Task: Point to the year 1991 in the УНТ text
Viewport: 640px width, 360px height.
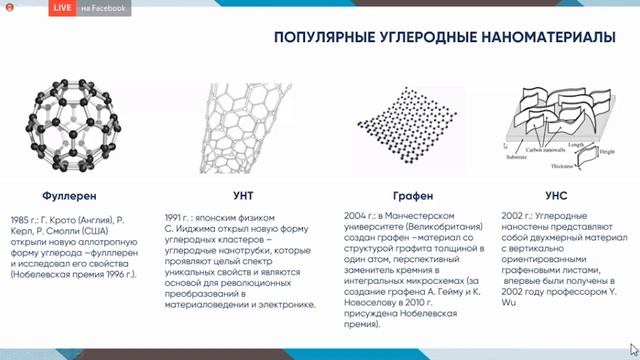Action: click(176, 217)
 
